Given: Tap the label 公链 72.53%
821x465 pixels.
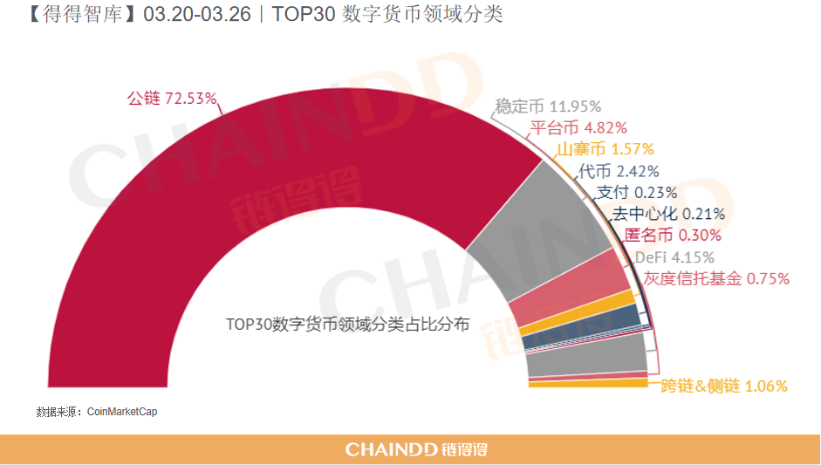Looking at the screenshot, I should pyautogui.click(x=172, y=99).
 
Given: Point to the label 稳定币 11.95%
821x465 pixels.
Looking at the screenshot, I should pyautogui.click(x=548, y=106).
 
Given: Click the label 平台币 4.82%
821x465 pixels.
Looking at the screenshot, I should pyautogui.click(x=578, y=128).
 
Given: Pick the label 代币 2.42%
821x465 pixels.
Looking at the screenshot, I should pyautogui.click(x=619, y=171).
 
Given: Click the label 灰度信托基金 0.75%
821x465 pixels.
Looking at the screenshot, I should pyautogui.click(x=716, y=278).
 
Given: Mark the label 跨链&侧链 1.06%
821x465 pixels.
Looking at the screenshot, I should pyautogui.click(x=724, y=386).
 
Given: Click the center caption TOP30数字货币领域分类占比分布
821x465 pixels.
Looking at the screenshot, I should pyautogui.click(x=348, y=324).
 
